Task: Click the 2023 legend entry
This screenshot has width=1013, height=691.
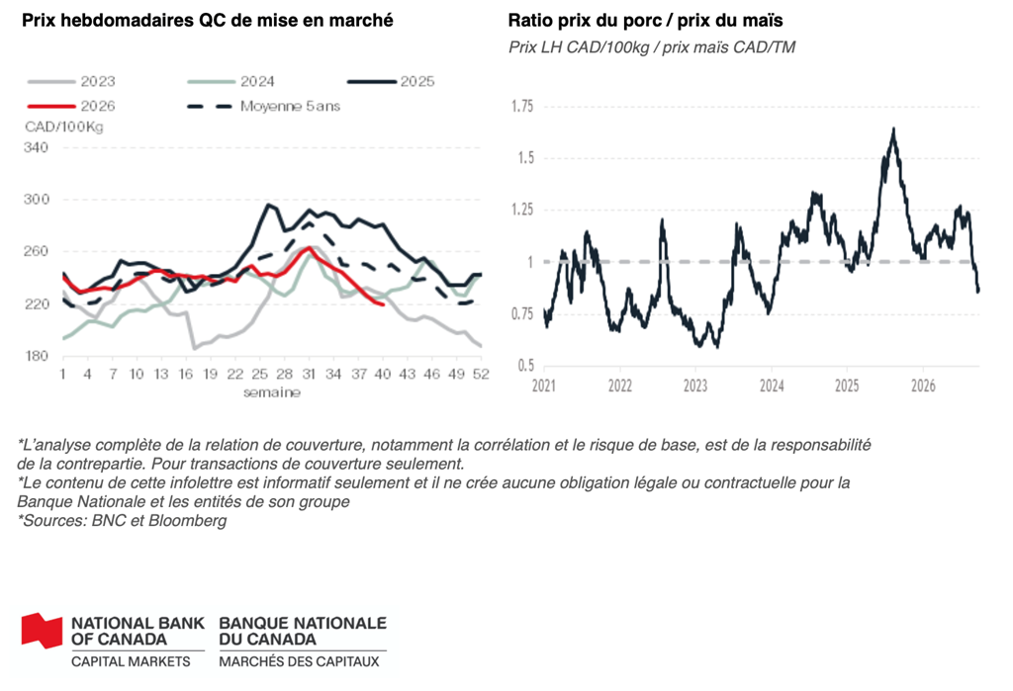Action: click(71, 81)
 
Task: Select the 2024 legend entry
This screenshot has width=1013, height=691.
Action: click(230, 81)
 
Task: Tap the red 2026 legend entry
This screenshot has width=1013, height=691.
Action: click(71, 106)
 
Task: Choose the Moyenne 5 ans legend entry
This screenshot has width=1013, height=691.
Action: click(263, 106)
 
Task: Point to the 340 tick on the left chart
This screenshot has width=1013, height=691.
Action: click(37, 147)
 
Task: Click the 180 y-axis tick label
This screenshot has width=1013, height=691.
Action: click(37, 356)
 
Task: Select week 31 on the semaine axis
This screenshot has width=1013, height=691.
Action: click(309, 374)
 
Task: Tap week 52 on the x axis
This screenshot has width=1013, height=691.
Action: click(481, 374)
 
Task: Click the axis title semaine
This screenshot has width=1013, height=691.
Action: click(272, 392)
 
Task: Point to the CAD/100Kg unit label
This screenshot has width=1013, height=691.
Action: click(64, 127)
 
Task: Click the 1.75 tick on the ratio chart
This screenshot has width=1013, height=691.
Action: click(522, 106)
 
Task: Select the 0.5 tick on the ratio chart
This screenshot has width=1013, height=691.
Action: click(526, 366)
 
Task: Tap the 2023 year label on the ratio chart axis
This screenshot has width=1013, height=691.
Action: click(695, 386)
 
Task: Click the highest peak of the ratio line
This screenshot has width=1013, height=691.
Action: click(893, 129)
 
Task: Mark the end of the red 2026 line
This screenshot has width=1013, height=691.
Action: click(384, 304)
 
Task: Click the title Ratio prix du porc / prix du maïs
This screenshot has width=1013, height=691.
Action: click(645, 21)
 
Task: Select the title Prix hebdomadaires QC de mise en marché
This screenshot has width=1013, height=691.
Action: click(208, 21)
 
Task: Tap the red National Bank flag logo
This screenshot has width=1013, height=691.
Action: click(42, 630)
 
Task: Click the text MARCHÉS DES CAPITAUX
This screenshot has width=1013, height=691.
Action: click(299, 661)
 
